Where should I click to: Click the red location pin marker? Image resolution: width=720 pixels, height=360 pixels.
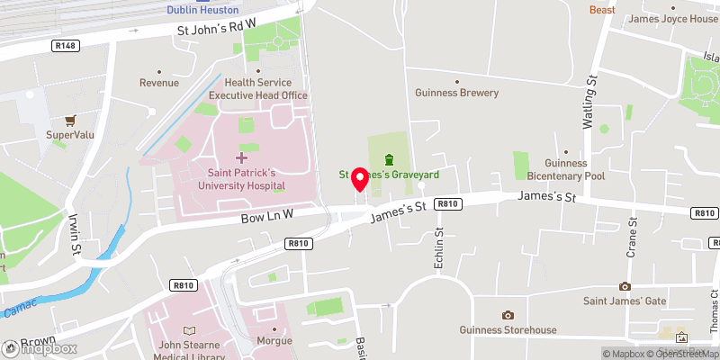click(x=359, y=179)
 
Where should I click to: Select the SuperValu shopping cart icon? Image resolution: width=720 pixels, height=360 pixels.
click(x=70, y=120)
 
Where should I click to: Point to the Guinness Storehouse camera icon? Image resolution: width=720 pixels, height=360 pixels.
click(x=508, y=315)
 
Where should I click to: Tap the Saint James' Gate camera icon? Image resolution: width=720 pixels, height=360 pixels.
click(x=625, y=286)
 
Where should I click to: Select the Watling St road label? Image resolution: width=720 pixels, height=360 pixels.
click(x=592, y=104)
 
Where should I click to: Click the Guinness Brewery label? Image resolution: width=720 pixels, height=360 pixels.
click(x=456, y=93)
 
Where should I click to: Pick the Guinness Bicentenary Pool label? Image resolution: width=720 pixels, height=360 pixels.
click(x=564, y=169)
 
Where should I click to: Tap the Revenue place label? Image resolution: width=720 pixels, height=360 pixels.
click(x=158, y=83)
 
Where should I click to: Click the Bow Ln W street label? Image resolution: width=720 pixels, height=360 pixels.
click(x=267, y=215)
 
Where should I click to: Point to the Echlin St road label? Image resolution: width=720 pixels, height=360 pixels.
click(x=439, y=247)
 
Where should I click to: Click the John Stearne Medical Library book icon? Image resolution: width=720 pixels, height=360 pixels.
click(x=188, y=332)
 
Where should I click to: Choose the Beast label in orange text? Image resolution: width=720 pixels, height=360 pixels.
click(x=602, y=10)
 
